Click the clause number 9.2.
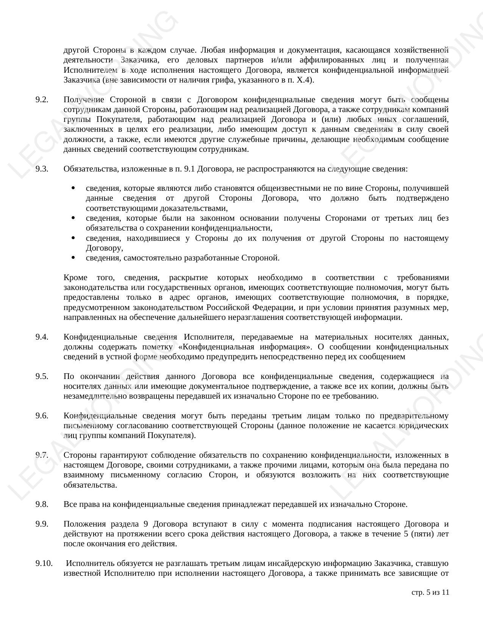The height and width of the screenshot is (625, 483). click(x=42, y=100)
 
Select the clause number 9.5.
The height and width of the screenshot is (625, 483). click(x=42, y=376)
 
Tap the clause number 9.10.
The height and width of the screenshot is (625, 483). click(x=44, y=563)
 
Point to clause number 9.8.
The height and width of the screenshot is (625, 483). click(x=42, y=504)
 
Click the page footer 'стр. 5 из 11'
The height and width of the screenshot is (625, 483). click(x=430, y=592)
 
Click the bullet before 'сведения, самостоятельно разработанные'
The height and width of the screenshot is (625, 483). click(x=73, y=258)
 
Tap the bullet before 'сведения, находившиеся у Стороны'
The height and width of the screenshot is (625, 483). click(x=73, y=238)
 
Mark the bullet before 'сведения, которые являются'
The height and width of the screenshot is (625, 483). click(x=73, y=188)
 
